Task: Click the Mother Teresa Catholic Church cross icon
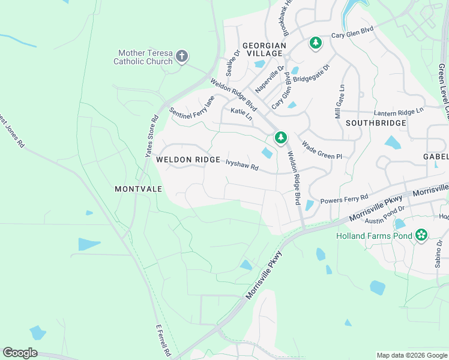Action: pos(182,58)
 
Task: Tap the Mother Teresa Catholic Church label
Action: pos(145,58)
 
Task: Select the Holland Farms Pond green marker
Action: pos(422,235)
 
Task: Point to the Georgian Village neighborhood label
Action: pos(263,49)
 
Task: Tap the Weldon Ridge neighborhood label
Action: pos(184,160)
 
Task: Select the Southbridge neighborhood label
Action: pos(376,123)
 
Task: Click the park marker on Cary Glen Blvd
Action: pos(316,43)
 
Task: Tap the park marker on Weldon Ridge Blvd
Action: pos(280,138)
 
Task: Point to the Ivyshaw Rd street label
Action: pos(242,165)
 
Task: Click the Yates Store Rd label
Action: pos(151,136)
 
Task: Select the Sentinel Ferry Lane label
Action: pos(191,107)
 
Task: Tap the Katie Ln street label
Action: pos(241,114)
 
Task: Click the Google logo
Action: pos(20,353)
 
